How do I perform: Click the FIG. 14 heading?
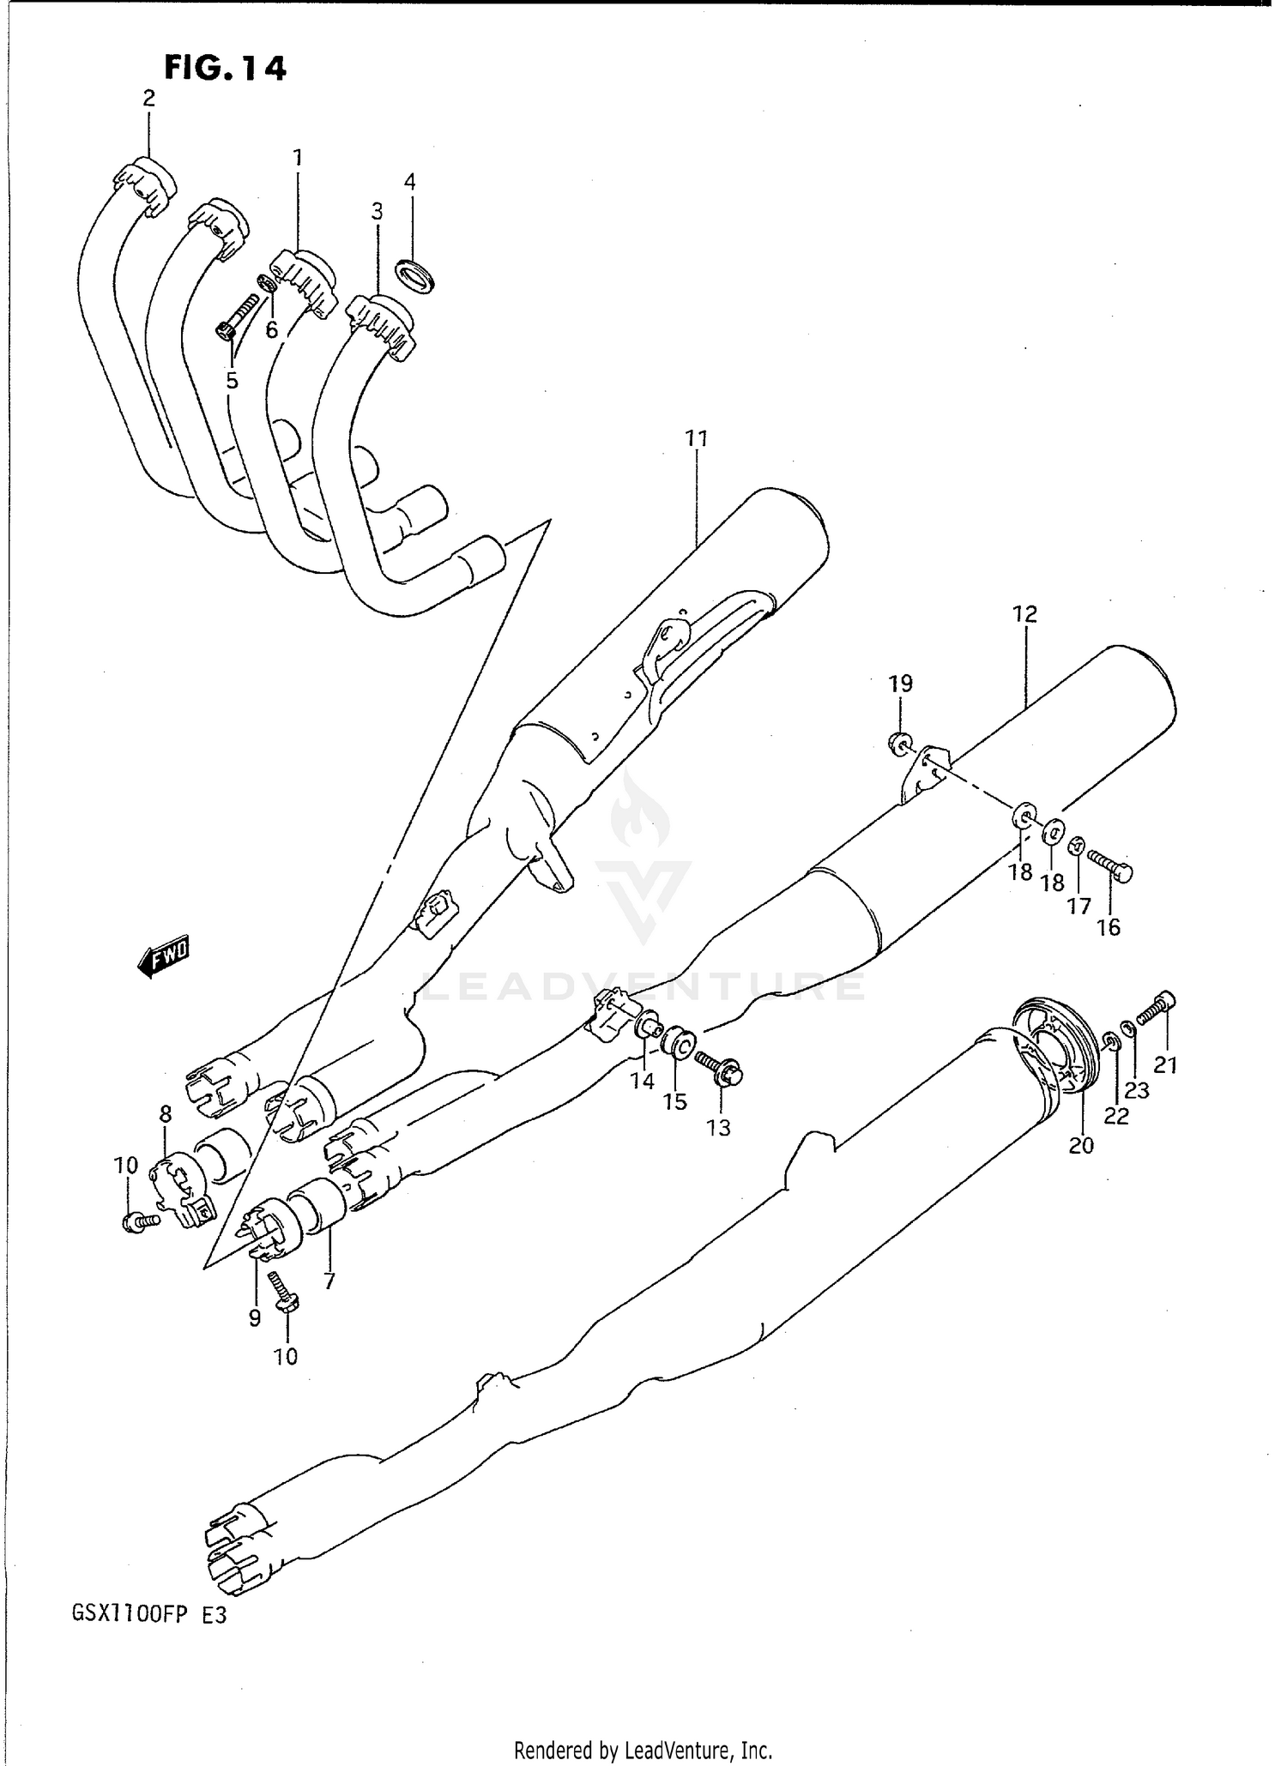[x=225, y=69]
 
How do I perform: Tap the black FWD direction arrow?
[x=163, y=956]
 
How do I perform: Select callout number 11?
[x=696, y=439]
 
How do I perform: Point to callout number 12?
[x=1024, y=614]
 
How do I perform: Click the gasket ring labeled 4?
[x=415, y=276]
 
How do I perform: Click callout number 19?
[x=900, y=684]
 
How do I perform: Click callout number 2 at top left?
[x=149, y=99]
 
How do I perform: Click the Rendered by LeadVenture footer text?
[x=643, y=1750]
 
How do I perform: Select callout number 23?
[x=1137, y=1091]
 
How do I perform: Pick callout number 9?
[x=255, y=1318]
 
